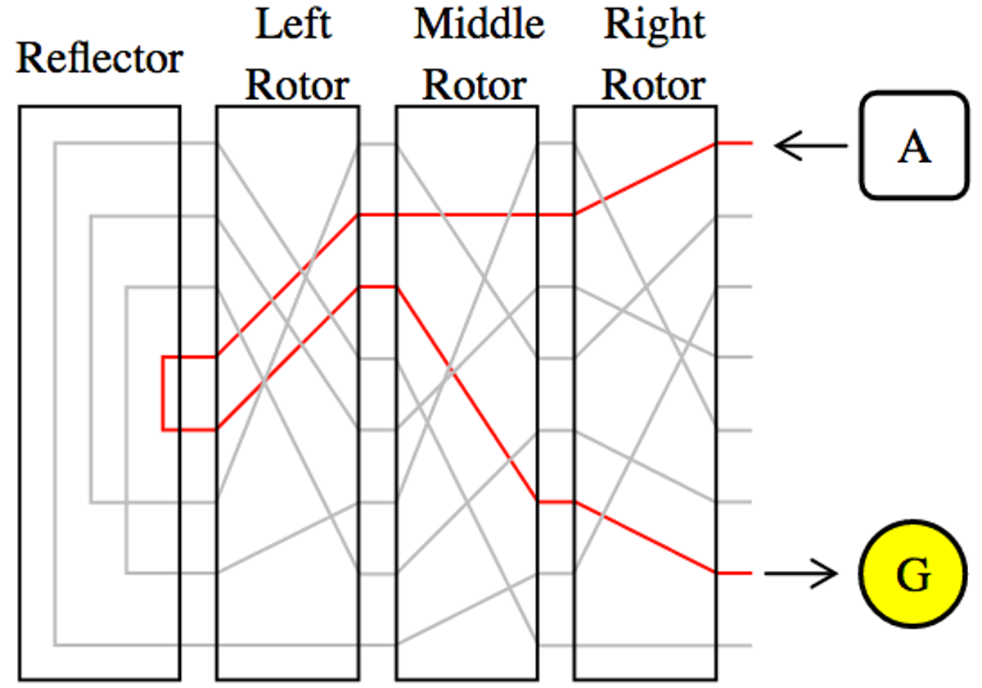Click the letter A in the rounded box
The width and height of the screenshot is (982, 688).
pyautogui.click(x=914, y=147)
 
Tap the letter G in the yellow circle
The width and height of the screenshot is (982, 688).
pyautogui.click(x=913, y=574)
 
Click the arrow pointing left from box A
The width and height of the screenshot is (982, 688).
pyautogui.click(x=811, y=146)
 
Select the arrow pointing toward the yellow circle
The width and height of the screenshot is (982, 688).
pyautogui.click(x=801, y=573)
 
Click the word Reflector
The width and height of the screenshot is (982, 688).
pyautogui.click(x=100, y=58)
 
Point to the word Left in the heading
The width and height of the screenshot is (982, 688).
pyautogui.click(x=293, y=23)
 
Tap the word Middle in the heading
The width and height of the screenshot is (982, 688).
pyautogui.click(x=480, y=23)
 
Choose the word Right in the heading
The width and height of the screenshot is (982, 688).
pyautogui.click(x=655, y=25)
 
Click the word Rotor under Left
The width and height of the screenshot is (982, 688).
pyautogui.click(x=297, y=84)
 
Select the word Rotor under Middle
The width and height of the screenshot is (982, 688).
pyautogui.click(x=475, y=84)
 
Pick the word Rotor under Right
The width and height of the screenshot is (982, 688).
pyautogui.click(x=654, y=84)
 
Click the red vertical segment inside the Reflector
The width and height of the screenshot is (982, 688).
pyautogui.click(x=163, y=394)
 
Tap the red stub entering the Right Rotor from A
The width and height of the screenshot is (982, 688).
pyautogui.click(x=734, y=143)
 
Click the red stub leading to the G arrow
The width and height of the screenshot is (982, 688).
pyautogui.click(x=734, y=573)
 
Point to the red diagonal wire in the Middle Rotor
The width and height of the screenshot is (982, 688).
pyautogui.click(x=467, y=395)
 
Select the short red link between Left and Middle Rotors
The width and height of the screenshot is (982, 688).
pyautogui.click(x=377, y=287)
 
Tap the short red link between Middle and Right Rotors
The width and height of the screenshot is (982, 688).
pyautogui.click(x=556, y=502)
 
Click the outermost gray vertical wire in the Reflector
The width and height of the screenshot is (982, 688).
pyautogui.click(x=56, y=394)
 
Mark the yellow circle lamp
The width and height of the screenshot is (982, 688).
pyautogui.click(x=913, y=574)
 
